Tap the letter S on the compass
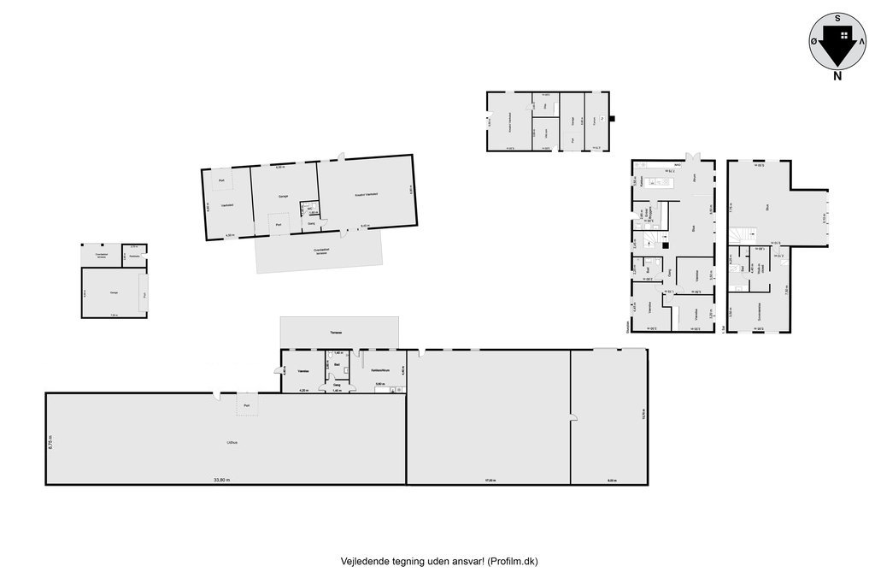pyautogui.click(x=838, y=16)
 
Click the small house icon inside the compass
pyautogui.click(x=844, y=35)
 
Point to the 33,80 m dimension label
pyautogui.click(x=222, y=481)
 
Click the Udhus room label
pyautogui.click(x=232, y=442)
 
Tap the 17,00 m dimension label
pyautogui.click(x=490, y=481)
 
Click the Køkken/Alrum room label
pyautogui.click(x=381, y=369)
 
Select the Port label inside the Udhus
pyautogui.click(x=246, y=405)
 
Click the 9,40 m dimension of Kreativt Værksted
pyautogui.click(x=365, y=226)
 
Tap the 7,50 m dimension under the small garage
pyautogui.click(x=114, y=315)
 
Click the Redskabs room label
pyautogui.click(x=134, y=255)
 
